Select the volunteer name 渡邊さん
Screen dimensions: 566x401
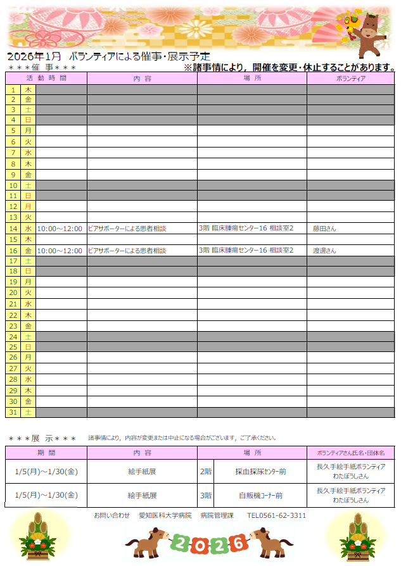point(324,251)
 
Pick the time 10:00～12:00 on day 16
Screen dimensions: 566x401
point(60,251)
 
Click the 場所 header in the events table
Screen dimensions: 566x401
point(251,79)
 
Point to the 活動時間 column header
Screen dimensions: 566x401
point(46,79)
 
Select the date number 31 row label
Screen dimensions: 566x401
point(13,412)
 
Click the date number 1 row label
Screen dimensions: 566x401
point(13,90)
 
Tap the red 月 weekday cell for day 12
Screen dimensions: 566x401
point(28,206)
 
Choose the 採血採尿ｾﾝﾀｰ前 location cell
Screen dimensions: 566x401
point(260,472)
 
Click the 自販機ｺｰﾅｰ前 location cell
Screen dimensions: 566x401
point(260,496)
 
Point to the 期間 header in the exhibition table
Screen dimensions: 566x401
point(46,453)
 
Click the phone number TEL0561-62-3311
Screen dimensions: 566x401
point(276,515)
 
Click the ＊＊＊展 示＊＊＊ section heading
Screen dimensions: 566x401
point(42,438)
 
